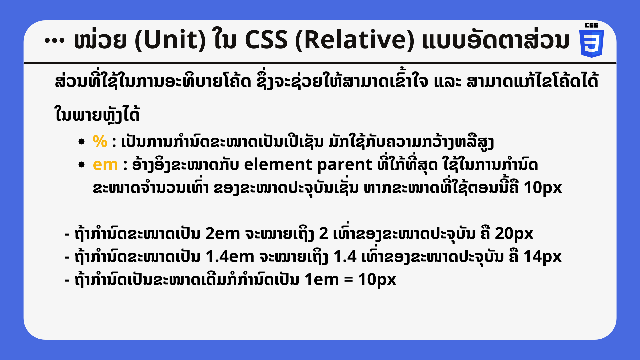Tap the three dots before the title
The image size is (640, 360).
(x=54, y=41)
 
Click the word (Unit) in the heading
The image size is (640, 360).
(x=170, y=40)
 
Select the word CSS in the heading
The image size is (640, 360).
(x=266, y=40)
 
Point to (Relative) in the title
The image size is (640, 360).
(x=355, y=40)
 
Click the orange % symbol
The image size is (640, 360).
(x=100, y=141)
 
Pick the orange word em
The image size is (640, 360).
(x=105, y=165)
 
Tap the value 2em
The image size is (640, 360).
(x=223, y=234)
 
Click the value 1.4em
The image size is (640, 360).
(x=230, y=257)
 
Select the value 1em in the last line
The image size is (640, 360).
(x=322, y=280)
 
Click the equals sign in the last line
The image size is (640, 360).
(x=348, y=280)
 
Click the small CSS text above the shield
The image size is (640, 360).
(x=592, y=25)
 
